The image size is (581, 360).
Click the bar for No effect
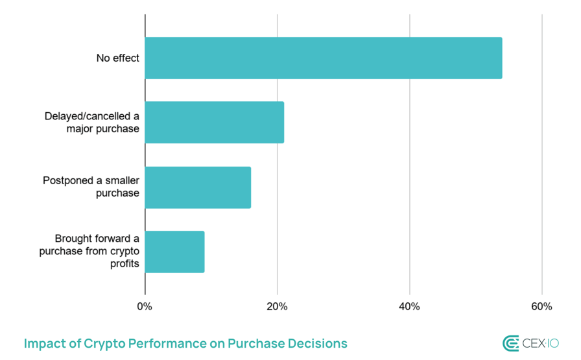click(323, 58)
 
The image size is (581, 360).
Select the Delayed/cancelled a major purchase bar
click(214, 122)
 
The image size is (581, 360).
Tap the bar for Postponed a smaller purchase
click(198, 187)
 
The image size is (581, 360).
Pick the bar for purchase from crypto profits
click(174, 252)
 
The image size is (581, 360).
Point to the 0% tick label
click(145, 307)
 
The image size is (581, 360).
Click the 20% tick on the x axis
click(278, 307)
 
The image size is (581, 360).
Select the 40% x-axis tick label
click(409, 307)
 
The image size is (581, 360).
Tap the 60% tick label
click(541, 307)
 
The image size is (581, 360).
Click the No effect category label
click(117, 58)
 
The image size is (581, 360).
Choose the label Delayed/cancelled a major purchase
click(92, 122)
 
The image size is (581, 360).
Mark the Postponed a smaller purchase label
click(91, 187)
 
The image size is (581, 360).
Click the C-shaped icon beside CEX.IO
click(511, 344)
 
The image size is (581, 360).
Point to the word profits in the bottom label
click(123, 264)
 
